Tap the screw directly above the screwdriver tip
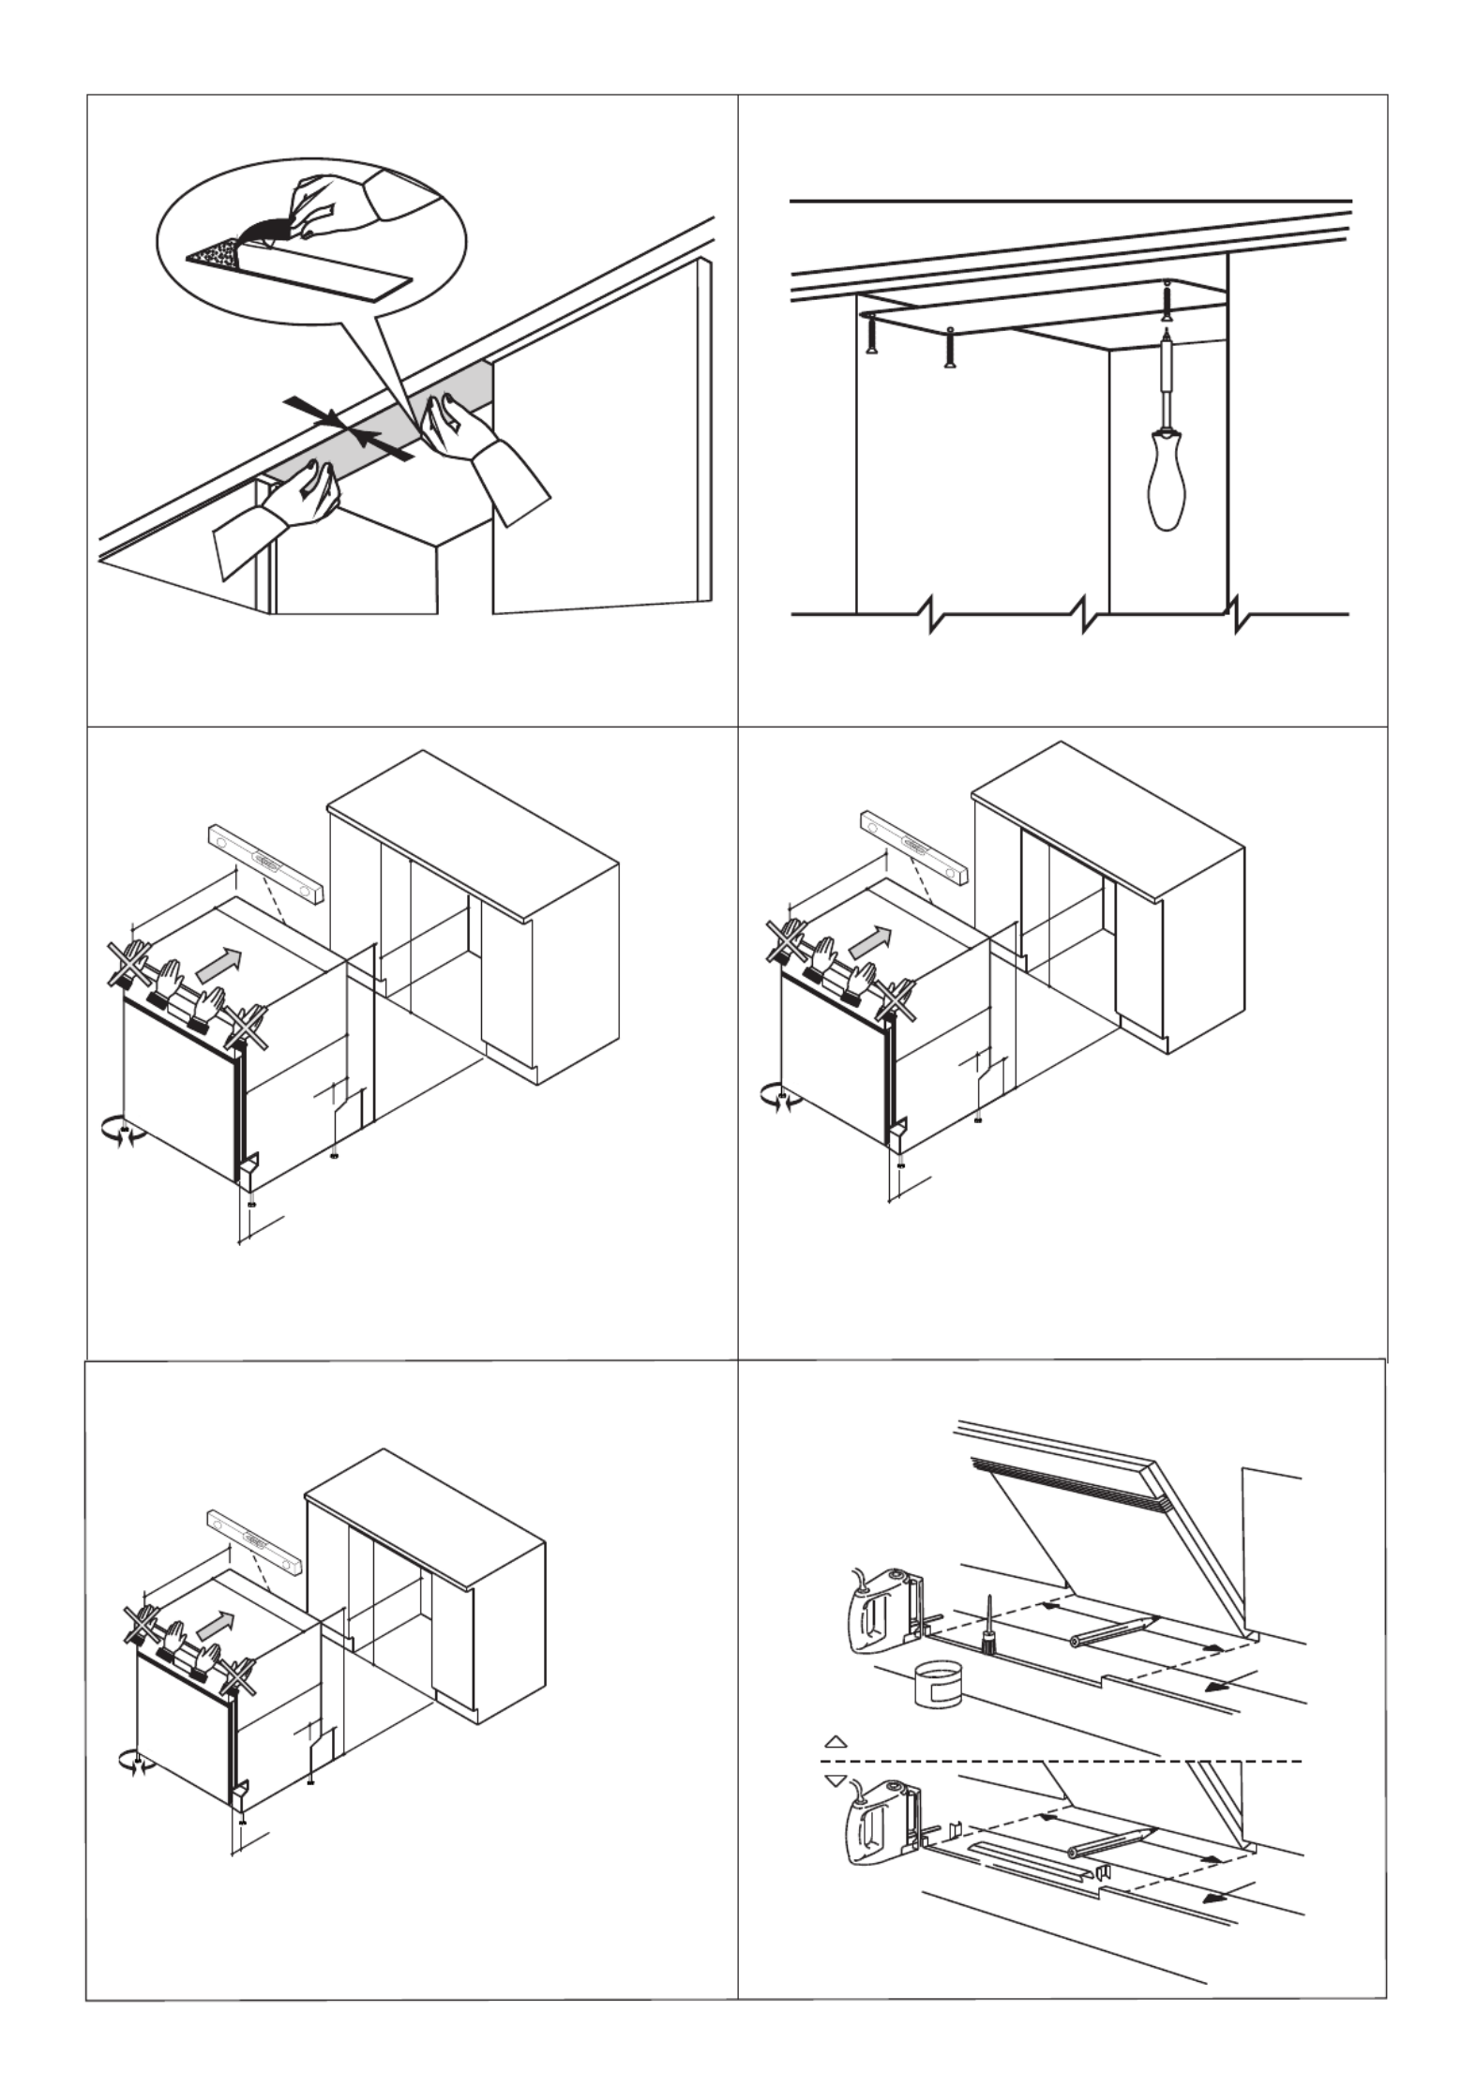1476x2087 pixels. click(1167, 300)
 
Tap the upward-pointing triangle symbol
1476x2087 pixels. click(836, 1741)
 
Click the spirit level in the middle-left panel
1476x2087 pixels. click(265, 859)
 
